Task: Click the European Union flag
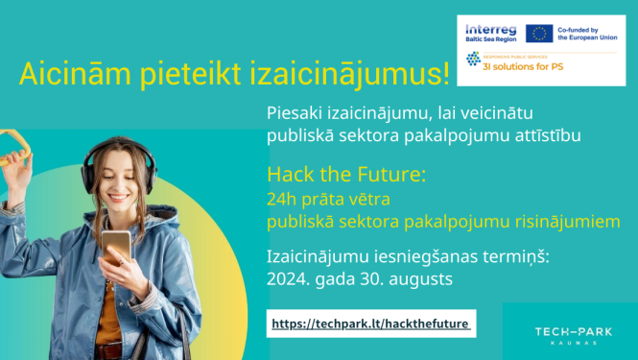point(538,34)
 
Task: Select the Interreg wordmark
point(489,29)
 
